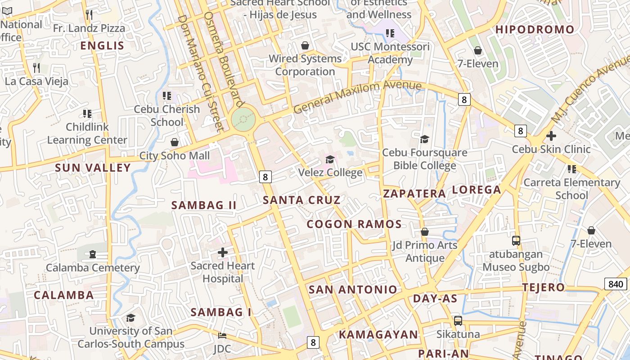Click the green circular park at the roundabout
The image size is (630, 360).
pyautogui.click(x=243, y=120)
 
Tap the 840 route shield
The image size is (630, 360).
pyautogui.click(x=615, y=284)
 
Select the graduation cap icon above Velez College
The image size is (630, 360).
pyautogui.click(x=330, y=160)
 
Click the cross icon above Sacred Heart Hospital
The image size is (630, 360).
pyautogui.click(x=222, y=252)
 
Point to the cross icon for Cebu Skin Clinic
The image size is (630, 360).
pyautogui.click(x=551, y=136)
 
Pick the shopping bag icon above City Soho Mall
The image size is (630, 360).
pyautogui.click(x=175, y=143)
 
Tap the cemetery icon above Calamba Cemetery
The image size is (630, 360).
pyautogui.click(x=93, y=255)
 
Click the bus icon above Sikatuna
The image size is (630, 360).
pyautogui.click(x=458, y=321)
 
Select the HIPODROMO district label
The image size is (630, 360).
pyautogui.click(x=535, y=30)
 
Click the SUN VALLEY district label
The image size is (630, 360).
pyautogui.click(x=93, y=168)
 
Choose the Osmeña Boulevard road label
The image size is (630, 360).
pyautogui.click(x=224, y=58)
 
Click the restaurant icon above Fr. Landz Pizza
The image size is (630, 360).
pyautogui.click(x=89, y=15)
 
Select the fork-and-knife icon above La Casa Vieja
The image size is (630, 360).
pyautogui.click(x=36, y=68)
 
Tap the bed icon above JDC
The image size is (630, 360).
pyautogui.click(x=222, y=336)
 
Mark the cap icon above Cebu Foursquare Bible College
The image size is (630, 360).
pyautogui.click(x=424, y=139)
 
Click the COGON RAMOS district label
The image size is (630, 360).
pyautogui.click(x=354, y=224)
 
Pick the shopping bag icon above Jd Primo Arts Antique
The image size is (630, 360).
pyautogui.click(x=424, y=232)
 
